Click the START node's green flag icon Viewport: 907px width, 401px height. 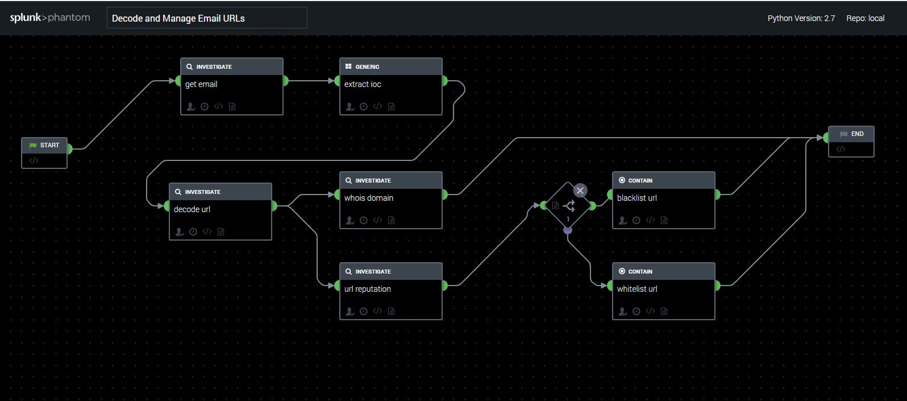click(x=32, y=146)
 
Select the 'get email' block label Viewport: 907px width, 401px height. click(x=201, y=84)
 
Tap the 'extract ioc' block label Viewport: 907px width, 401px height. click(x=363, y=84)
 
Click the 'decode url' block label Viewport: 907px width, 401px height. click(x=192, y=209)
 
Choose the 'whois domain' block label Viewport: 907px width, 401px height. click(x=369, y=198)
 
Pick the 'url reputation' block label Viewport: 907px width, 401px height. click(x=368, y=289)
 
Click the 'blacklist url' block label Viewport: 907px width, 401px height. click(x=637, y=198)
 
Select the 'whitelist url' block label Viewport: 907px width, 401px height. click(x=637, y=289)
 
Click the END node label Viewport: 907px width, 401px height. click(x=857, y=134)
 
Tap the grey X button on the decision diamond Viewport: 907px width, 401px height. click(x=580, y=191)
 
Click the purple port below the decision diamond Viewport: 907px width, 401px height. click(x=567, y=230)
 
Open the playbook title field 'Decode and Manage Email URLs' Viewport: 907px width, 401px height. click(x=207, y=18)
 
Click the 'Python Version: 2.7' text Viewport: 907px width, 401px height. click(x=801, y=18)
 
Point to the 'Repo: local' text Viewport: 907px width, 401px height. click(x=865, y=18)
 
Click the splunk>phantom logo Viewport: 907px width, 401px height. click(x=50, y=18)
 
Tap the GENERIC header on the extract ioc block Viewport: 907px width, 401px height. click(x=367, y=67)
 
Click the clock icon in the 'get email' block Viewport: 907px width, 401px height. click(x=205, y=107)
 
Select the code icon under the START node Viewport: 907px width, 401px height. click(x=34, y=160)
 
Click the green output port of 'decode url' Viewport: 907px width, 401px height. click(x=274, y=206)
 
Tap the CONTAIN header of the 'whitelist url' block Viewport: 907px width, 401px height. click(x=640, y=271)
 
